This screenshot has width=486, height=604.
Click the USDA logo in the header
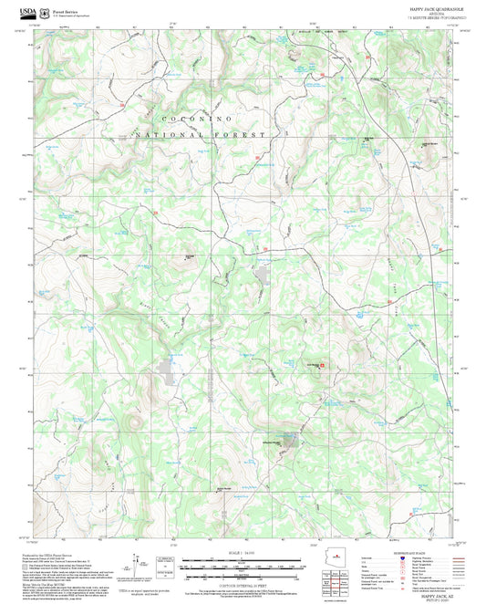click(28, 13)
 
